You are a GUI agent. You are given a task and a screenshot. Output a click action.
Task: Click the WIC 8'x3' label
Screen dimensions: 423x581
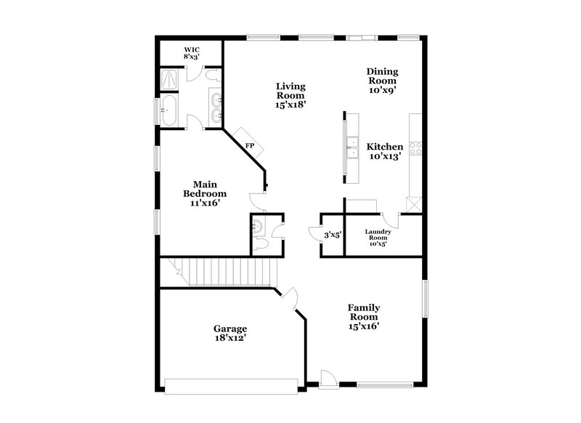click(191, 53)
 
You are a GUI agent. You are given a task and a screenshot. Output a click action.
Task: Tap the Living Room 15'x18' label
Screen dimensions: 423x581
click(290, 95)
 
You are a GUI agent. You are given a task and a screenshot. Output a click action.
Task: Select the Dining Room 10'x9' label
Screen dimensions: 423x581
click(382, 80)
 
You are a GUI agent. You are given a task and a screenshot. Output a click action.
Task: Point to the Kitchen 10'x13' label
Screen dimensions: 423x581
click(384, 151)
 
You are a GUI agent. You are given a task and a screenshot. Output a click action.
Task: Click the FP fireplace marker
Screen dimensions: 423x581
click(249, 145)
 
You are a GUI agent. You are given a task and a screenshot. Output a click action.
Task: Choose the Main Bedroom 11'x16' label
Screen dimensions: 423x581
click(204, 194)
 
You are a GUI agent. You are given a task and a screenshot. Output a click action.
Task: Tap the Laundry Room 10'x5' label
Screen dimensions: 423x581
click(378, 238)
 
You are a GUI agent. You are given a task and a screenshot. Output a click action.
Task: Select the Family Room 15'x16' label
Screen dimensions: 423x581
click(364, 317)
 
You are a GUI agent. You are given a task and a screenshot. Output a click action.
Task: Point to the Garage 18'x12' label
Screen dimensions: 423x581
click(229, 333)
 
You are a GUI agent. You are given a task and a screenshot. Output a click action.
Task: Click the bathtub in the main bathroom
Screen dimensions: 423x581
click(168, 111)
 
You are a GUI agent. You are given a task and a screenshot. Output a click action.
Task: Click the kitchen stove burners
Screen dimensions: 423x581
click(417, 148)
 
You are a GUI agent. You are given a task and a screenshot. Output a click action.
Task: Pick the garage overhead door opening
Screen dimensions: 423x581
click(231, 385)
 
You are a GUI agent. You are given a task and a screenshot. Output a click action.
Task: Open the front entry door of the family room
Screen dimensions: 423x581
click(328, 379)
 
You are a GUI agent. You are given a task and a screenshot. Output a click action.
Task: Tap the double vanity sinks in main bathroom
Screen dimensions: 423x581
click(216, 108)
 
